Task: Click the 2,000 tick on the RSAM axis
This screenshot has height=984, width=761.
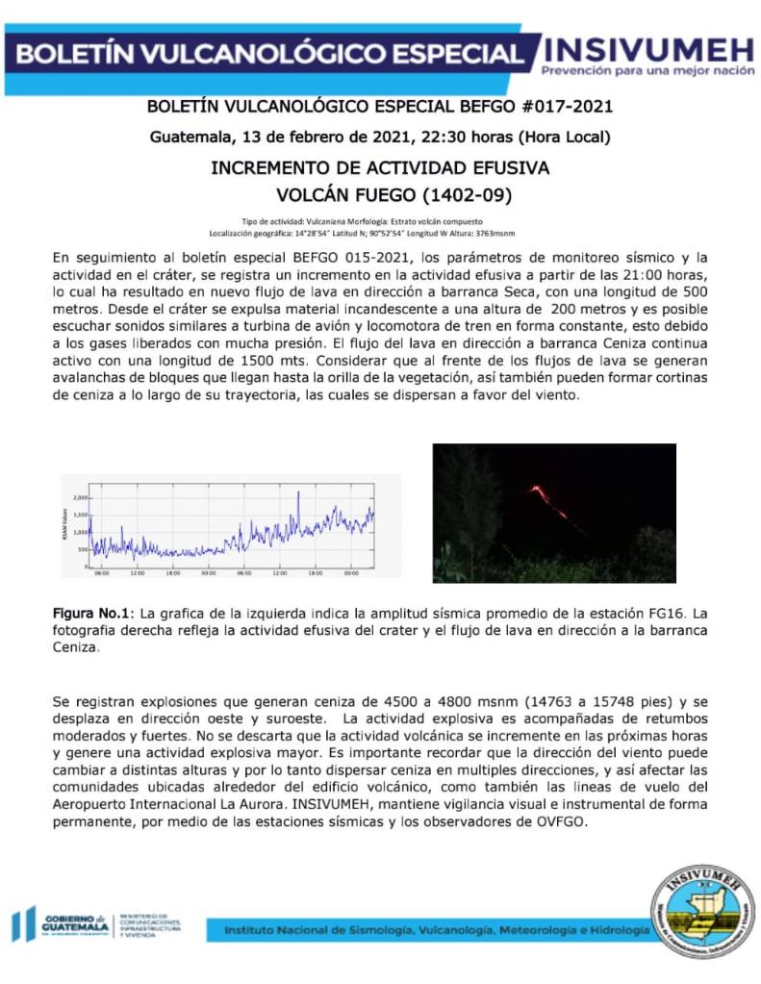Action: coord(80,498)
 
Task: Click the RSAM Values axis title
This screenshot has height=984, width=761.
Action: coord(65,525)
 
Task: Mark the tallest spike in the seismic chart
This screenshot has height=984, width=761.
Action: coord(298,493)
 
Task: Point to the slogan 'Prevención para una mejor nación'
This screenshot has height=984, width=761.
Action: coord(648,71)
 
